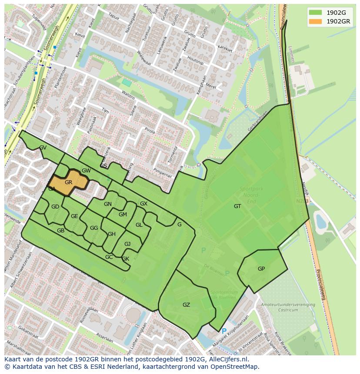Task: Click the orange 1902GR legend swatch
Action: coord(316,21)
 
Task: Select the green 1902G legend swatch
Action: coord(316,13)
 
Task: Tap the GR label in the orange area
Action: coord(68,182)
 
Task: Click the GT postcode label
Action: coord(237,206)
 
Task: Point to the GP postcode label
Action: coord(261,269)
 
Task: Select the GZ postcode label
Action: coord(186,305)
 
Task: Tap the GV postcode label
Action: coord(43,148)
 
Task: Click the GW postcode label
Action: coord(86,171)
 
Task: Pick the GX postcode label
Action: coord(143,204)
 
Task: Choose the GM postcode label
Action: coord(123,215)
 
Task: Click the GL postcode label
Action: coord(139,225)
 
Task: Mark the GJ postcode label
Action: coord(127,244)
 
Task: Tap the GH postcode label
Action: coord(112,234)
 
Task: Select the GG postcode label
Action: coord(94,228)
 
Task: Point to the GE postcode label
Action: coord(74,216)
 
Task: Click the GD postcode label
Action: coord(55,207)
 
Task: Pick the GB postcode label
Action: coord(60,231)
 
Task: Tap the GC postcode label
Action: coord(109,257)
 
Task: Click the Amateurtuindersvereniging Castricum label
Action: coord(288,308)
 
